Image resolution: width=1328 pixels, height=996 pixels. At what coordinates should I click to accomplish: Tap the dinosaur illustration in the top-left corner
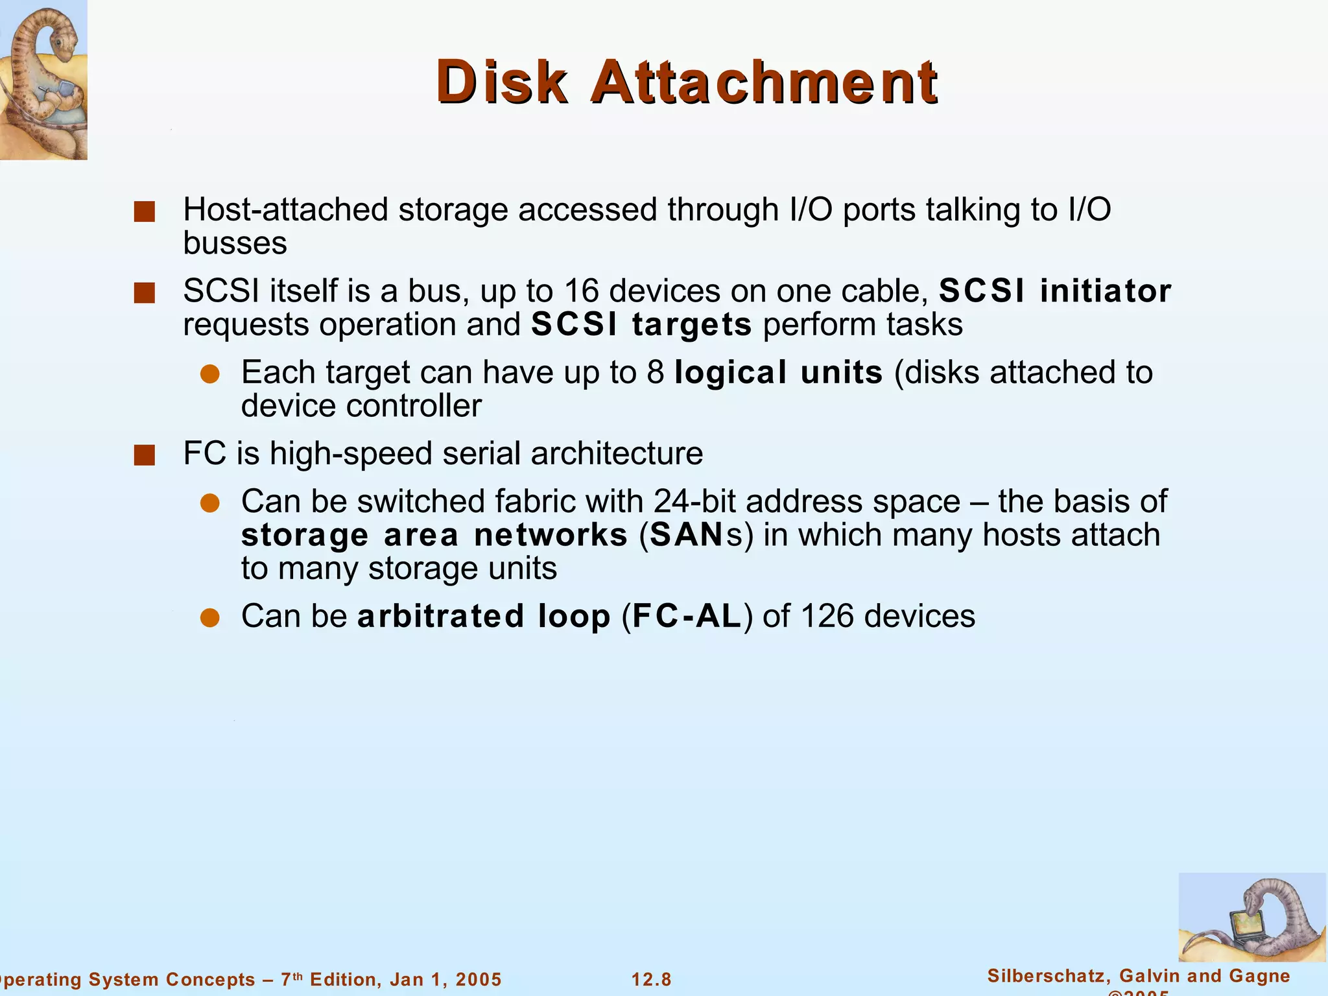[43, 79]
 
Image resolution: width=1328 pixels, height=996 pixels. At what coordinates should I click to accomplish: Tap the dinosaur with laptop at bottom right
[1251, 917]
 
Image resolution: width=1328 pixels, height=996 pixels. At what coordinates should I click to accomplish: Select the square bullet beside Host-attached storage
[144, 211]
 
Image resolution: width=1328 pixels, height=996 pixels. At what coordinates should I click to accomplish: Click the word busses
[235, 244]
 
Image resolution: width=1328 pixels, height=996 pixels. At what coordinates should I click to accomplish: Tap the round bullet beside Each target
[210, 374]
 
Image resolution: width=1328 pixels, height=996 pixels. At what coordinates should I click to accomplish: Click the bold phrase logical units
[778, 373]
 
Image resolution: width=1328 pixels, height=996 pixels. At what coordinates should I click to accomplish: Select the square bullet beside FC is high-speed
[144, 455]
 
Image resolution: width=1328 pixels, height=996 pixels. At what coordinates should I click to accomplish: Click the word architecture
[617, 454]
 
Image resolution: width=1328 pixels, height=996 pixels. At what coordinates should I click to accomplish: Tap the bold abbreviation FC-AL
[687, 616]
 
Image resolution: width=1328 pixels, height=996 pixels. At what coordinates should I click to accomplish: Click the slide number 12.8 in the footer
[652, 979]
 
